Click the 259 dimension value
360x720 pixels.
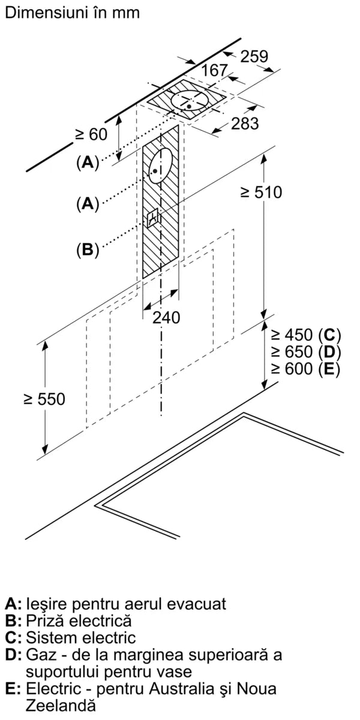254,56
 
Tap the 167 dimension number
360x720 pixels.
214,71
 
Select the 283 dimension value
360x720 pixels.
245,124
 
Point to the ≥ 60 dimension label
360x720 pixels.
91,134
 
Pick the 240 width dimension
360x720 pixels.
166,317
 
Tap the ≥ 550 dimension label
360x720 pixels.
44,399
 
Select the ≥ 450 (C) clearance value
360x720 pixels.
305,335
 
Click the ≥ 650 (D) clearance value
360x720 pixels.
305,352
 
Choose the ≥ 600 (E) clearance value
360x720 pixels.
305,368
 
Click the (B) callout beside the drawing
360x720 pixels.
87,249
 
